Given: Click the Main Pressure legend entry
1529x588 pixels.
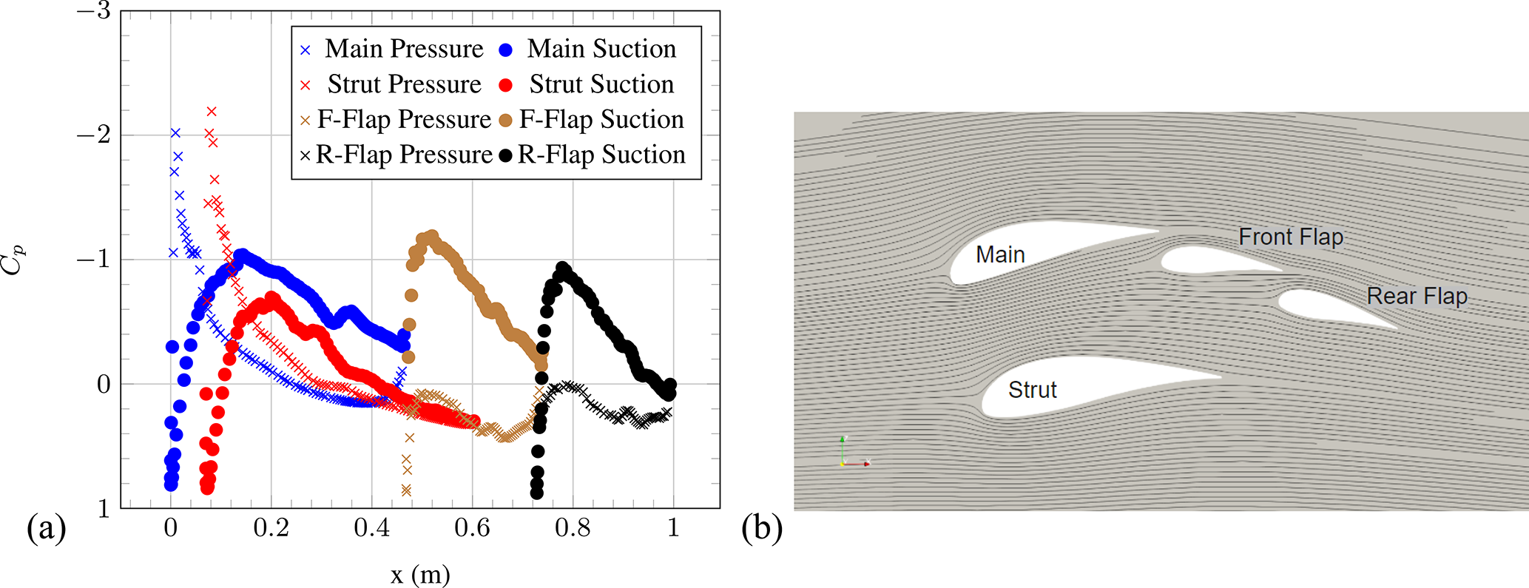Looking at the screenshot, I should click(392, 50).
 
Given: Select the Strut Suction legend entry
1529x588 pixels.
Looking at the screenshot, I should click(588, 84).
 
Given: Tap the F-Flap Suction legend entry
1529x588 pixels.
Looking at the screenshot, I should click(592, 120).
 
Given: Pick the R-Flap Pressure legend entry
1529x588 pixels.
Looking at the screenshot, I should click(395, 155).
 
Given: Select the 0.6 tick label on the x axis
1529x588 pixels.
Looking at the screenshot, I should click(472, 528).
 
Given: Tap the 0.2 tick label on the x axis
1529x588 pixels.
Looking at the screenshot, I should click(271, 528).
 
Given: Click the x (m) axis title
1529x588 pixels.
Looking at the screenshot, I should click(420, 574).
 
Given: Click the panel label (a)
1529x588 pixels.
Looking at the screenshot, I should click(46, 529).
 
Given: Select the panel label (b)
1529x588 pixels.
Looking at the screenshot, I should click(761, 529).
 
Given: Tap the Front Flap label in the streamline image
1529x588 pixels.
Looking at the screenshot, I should click(1291, 237).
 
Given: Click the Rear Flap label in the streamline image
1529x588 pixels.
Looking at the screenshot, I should click(1417, 296).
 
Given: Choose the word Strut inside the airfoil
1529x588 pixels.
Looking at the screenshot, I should click(1033, 390).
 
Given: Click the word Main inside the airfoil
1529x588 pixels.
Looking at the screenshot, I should click(1000, 254).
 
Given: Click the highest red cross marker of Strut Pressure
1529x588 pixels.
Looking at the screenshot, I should click(212, 112).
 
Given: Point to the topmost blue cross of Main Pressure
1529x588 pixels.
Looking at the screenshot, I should click(175, 133).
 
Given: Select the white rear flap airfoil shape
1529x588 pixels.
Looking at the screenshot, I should click(1324, 307).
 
